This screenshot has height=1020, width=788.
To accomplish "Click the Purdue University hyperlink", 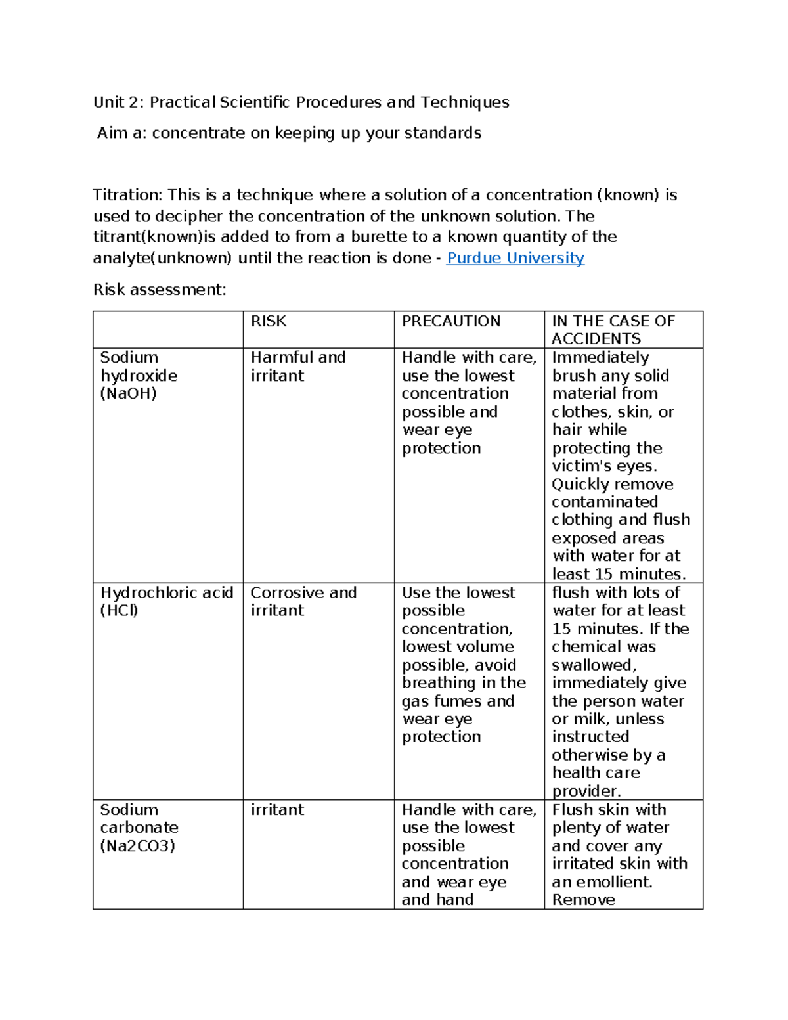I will (515, 258).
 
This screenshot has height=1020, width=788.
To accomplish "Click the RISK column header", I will (269, 321).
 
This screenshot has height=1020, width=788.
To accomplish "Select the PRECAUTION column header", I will (451, 321).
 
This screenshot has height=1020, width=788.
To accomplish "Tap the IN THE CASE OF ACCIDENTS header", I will (613, 330).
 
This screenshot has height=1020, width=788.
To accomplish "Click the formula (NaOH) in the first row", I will (128, 393).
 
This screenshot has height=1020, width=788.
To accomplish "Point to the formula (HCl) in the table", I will (119, 610).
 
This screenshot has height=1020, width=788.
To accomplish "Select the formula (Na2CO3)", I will (137, 846).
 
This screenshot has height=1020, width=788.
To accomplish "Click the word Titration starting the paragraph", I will (127, 195).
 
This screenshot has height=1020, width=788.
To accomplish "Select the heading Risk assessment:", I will (160, 290).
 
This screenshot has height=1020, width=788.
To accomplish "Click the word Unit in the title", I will (109, 102).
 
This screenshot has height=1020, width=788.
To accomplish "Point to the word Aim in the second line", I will (112, 133).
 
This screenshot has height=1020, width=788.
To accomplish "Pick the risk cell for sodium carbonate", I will (277, 810).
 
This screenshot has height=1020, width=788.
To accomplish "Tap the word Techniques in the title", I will (464, 102).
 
